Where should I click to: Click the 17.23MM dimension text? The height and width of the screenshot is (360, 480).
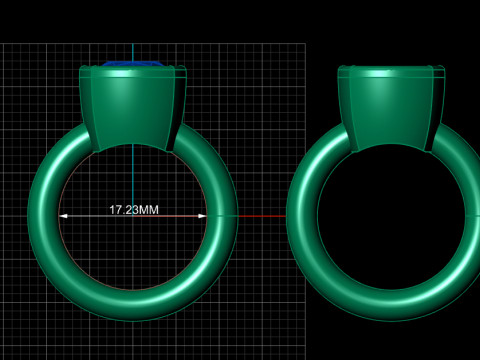click(134, 210)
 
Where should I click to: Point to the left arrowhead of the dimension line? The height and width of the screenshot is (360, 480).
click(63, 216)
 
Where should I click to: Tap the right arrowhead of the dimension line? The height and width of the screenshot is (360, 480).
click(202, 216)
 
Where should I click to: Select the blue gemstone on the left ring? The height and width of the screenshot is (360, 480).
click(133, 64)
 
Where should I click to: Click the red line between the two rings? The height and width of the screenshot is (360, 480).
click(262, 216)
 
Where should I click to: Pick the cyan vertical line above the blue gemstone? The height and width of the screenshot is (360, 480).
click(133, 52)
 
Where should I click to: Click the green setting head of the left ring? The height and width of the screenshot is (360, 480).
click(133, 108)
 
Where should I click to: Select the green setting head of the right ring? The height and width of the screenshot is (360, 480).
click(391, 108)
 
